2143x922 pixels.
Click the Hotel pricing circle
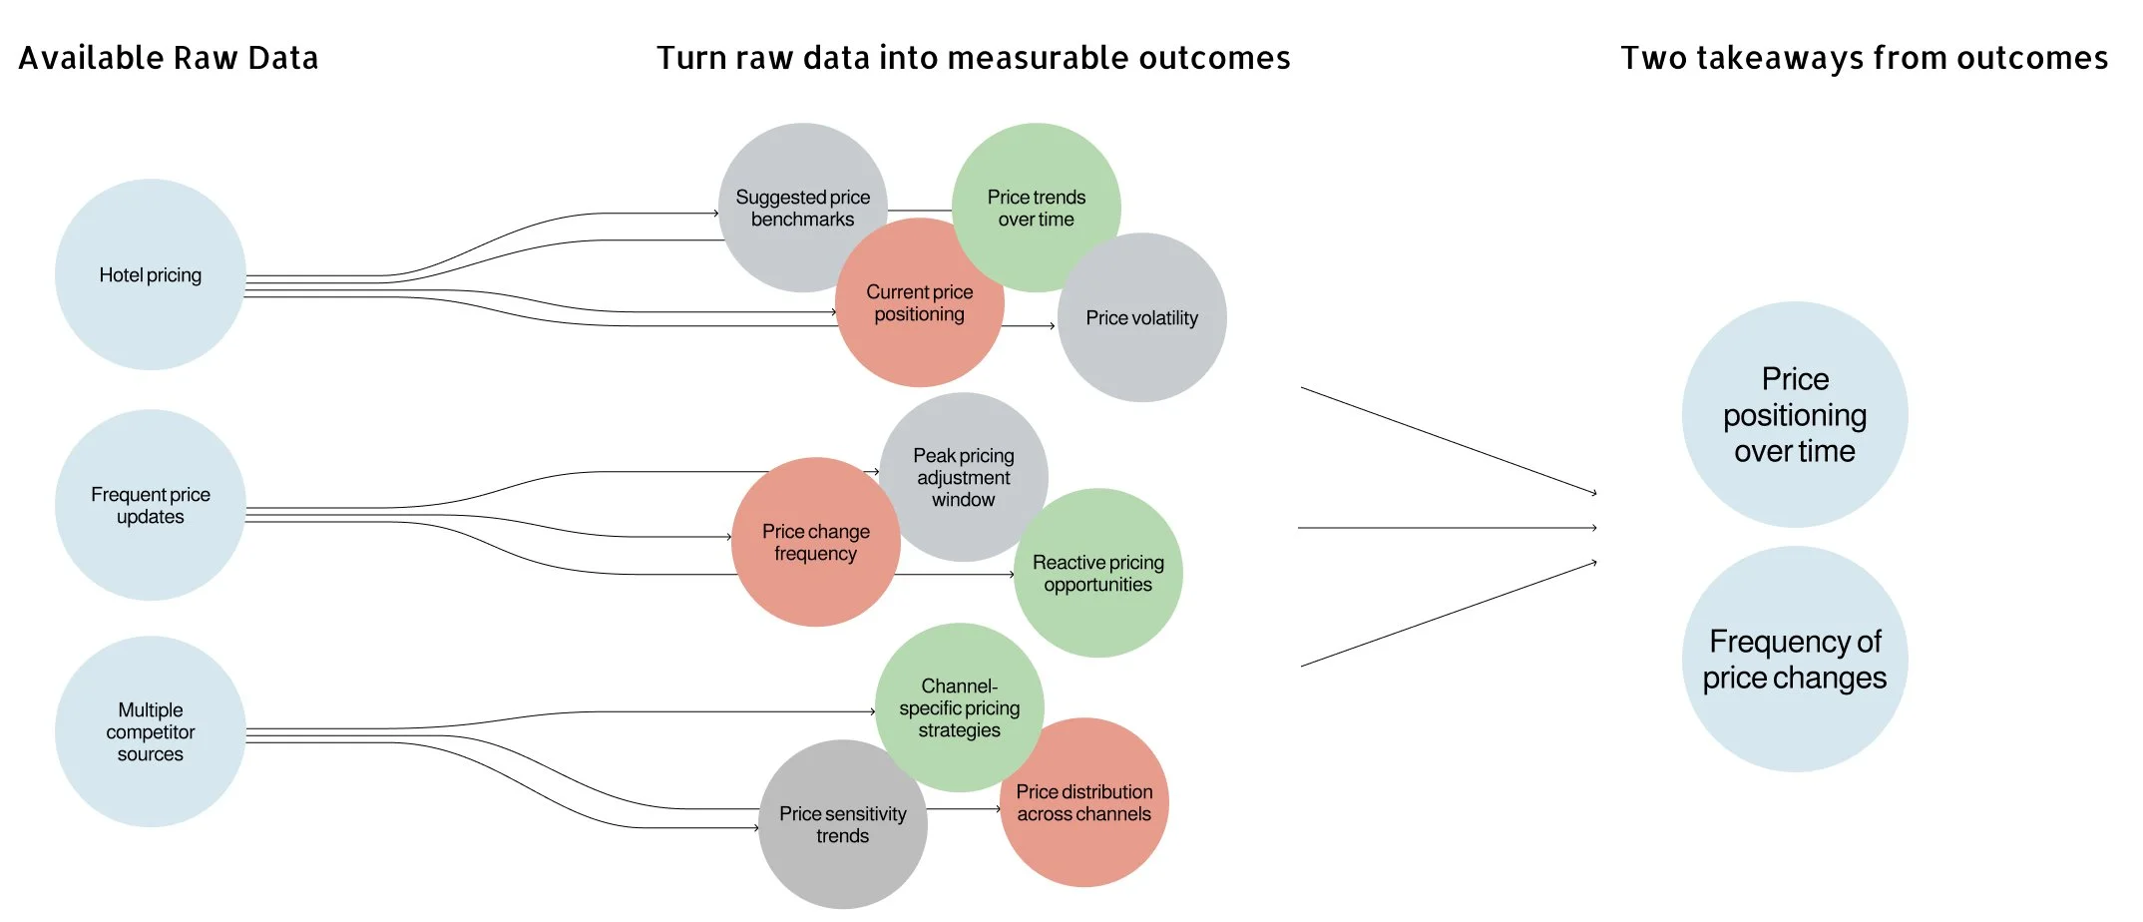coord(150,274)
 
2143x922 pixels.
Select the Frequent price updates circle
coord(150,505)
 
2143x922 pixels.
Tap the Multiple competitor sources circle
coord(150,731)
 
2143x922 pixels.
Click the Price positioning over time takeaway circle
coord(1794,414)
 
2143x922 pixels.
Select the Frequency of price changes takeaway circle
coord(1794,659)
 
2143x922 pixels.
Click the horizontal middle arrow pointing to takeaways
coord(1447,527)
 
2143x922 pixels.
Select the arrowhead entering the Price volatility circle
coord(1052,325)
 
